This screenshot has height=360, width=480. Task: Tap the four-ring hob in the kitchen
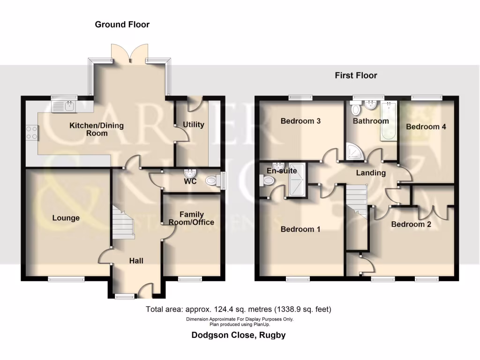coord(32,132)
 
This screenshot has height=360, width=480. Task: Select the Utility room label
coord(193,125)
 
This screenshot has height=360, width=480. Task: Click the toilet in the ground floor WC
coord(213,180)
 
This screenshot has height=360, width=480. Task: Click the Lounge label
coord(66,218)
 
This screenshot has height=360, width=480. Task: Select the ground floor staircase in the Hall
coord(123,223)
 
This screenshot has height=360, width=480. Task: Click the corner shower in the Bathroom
coord(352,151)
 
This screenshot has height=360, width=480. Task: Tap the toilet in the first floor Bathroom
coord(356,110)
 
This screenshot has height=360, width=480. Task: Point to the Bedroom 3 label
coord(300,121)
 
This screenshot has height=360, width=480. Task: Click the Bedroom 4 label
coord(426,127)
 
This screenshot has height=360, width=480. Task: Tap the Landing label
coord(371,173)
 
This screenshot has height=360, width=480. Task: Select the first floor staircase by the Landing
coord(357,199)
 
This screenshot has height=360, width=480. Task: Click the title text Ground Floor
coord(122,24)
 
